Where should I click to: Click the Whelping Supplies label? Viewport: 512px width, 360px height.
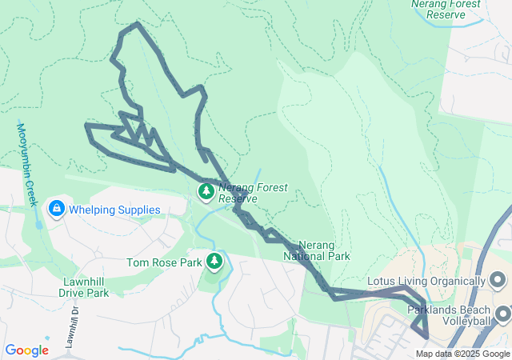point(114,210)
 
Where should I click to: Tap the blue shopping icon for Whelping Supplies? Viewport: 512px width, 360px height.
point(56,210)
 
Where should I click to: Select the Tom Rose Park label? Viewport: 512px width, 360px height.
point(164,262)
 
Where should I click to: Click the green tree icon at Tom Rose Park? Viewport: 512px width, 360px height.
point(214,261)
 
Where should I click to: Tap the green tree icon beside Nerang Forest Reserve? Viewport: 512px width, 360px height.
point(206,191)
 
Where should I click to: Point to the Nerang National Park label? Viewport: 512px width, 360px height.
point(317,251)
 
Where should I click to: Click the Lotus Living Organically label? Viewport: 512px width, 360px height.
point(426,282)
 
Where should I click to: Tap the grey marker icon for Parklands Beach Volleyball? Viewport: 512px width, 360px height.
point(502,312)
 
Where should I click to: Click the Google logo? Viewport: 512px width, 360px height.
point(26,350)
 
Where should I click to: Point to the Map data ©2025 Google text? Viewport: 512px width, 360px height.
point(462,354)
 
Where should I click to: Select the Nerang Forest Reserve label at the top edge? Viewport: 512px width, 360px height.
point(446,9)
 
